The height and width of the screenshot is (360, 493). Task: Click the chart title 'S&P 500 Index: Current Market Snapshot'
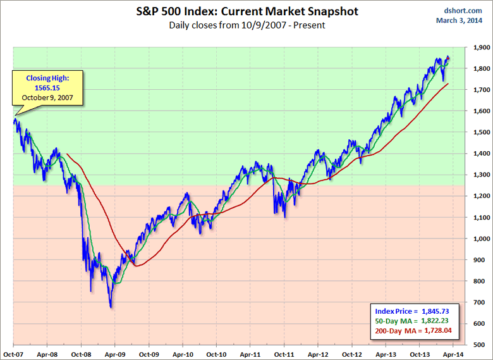pos(246,12)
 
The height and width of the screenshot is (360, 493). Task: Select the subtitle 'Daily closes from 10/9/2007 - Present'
pos(246,25)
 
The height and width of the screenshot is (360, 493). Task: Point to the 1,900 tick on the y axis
pos(478,47)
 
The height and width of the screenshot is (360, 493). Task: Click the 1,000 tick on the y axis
pos(478,239)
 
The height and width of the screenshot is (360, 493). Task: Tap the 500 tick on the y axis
pos(480,345)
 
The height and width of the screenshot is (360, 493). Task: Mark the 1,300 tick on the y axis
pos(478,175)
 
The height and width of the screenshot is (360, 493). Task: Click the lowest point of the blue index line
pos(111,307)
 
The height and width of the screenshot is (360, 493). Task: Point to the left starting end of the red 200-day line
pos(67,154)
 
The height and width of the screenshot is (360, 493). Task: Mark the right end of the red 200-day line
pos(449,84)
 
